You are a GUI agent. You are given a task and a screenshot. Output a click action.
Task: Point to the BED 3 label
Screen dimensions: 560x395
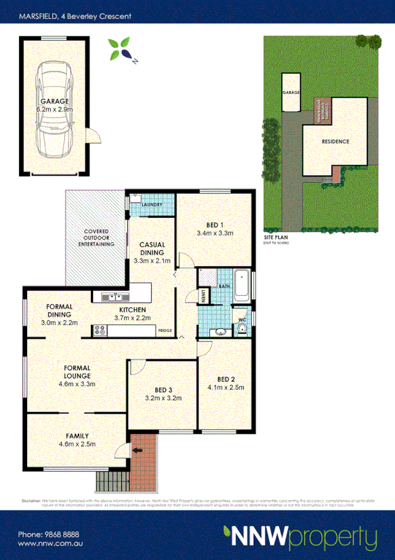163,390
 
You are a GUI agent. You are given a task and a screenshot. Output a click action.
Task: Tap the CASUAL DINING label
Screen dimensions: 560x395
151,248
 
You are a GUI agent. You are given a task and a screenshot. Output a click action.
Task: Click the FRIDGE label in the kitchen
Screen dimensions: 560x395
166,331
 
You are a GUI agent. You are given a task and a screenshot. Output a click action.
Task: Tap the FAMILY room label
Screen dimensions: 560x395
77,436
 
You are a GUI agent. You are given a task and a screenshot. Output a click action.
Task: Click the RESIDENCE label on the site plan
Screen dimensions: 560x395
335,141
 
